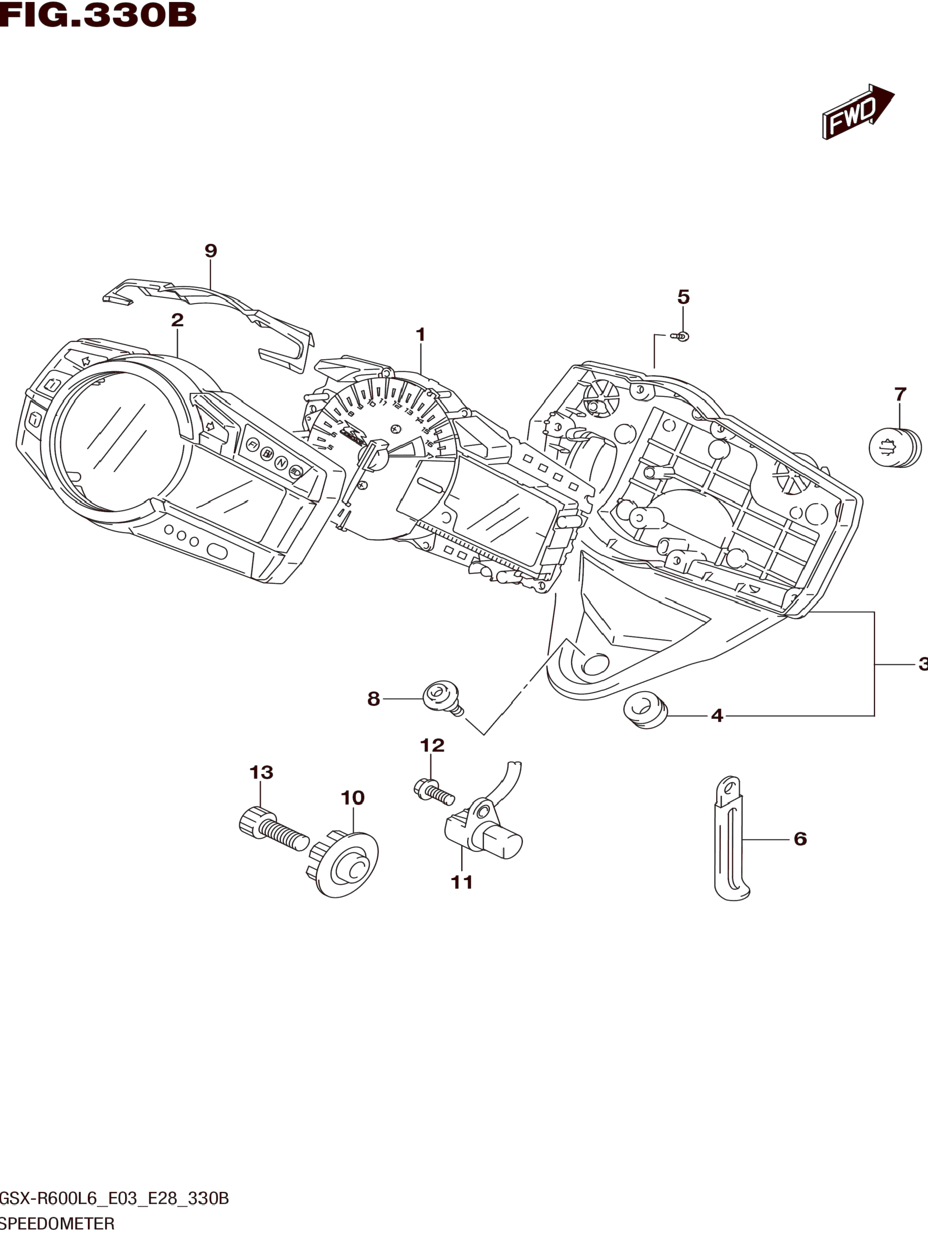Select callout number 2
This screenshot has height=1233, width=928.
177,320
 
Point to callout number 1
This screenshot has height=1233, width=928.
420,335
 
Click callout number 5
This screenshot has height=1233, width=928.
684,297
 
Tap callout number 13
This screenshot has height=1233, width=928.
261,772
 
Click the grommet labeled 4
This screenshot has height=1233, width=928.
646,710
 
